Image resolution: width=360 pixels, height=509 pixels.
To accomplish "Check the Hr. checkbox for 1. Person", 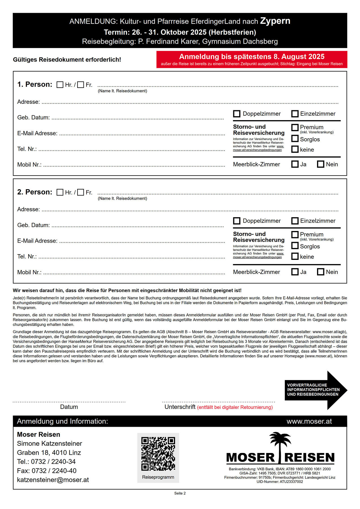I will (x=60, y=85).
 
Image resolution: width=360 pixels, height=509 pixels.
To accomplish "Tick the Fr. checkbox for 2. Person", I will (x=81, y=192).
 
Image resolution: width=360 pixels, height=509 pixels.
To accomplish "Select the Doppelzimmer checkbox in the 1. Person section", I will (x=237, y=114).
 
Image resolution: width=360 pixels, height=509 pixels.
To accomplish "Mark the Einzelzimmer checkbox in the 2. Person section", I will (x=295, y=221).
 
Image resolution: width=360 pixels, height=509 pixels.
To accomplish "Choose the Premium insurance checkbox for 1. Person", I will (x=295, y=127).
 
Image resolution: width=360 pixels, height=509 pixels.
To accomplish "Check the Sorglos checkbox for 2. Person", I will (x=295, y=245).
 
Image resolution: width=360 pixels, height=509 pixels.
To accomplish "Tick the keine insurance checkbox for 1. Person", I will (x=295, y=149).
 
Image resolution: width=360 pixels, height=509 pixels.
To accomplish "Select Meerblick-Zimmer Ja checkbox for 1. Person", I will (x=295, y=164).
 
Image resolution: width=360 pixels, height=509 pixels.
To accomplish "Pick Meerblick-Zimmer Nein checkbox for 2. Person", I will (x=321, y=272).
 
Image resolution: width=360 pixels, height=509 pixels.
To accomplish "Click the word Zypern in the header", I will (x=275, y=21).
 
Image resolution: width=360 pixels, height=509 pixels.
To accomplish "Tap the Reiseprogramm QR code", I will (x=158, y=454).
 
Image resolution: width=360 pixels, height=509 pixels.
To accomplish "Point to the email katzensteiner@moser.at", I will (x=53, y=480).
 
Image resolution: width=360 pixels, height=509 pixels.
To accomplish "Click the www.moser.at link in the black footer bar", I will (x=309, y=421).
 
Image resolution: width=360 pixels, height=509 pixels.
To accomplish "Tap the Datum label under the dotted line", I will (x=69, y=407).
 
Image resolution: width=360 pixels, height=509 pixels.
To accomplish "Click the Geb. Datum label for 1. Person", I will (x=33, y=118).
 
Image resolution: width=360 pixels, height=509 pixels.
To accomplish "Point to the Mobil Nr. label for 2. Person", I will (x=29, y=272).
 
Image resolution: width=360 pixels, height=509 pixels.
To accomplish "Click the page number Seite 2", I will (x=180, y=493).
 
